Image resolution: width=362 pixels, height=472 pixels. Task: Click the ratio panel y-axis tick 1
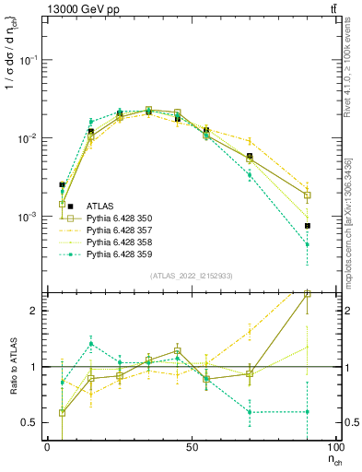34,367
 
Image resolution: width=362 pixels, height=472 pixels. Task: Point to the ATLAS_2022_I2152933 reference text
191,276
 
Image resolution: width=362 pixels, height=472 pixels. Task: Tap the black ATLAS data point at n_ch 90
307,226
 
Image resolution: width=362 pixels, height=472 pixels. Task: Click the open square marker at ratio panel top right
307,294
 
